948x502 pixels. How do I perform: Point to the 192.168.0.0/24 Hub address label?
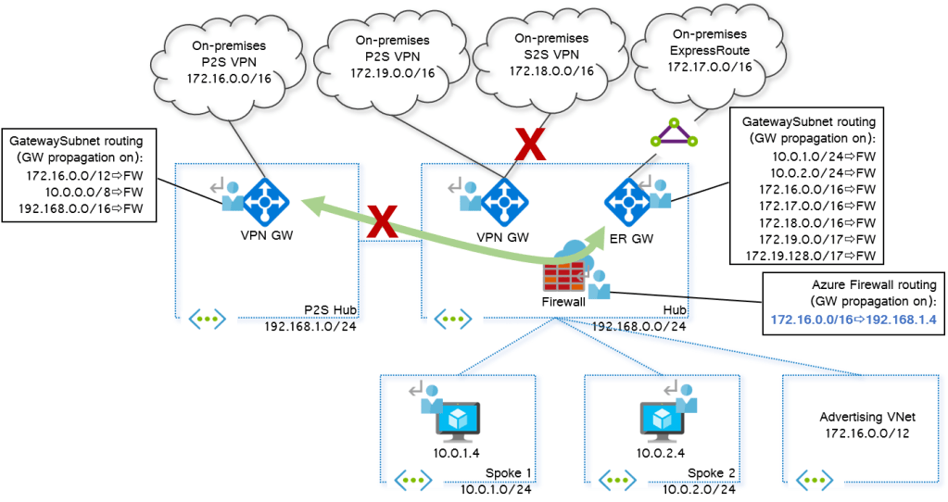[x=638, y=326]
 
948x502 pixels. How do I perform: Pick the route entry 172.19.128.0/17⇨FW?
[x=816, y=255]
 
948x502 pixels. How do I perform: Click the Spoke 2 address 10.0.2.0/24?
[x=698, y=489]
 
